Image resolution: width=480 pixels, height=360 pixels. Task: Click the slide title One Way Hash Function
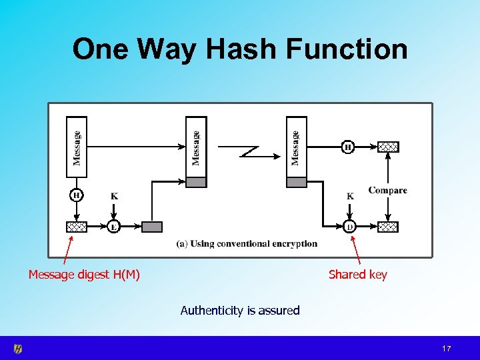pos(240,49)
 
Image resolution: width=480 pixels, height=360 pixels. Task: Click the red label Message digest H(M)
pos(84,274)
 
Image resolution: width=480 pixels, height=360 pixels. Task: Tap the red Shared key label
pos(357,274)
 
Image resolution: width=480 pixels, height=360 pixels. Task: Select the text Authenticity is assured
pos(240,310)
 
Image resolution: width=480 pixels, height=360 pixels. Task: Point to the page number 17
pos(447,349)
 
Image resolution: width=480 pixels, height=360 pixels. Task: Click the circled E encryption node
pos(114,227)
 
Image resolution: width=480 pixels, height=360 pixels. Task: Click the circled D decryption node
pos(350,227)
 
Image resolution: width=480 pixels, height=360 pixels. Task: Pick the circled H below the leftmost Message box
pos(76,195)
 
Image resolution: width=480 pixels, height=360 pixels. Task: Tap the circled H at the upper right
pos(347,147)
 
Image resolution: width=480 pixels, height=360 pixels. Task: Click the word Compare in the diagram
pos(387,191)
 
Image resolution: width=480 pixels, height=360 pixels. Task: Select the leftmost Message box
pos(77,147)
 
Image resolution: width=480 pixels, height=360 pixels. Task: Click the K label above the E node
pos(114,196)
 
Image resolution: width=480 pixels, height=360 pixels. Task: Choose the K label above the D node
pos(350,196)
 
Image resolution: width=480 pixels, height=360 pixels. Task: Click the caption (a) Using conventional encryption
pos(247,243)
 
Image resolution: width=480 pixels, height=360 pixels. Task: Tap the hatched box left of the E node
pos(77,227)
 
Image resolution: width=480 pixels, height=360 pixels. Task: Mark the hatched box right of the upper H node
pos(388,147)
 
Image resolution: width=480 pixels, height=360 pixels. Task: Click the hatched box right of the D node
pos(388,227)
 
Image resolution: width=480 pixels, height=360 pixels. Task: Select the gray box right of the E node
pos(152,227)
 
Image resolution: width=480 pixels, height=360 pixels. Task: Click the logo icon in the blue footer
pos(18,349)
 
